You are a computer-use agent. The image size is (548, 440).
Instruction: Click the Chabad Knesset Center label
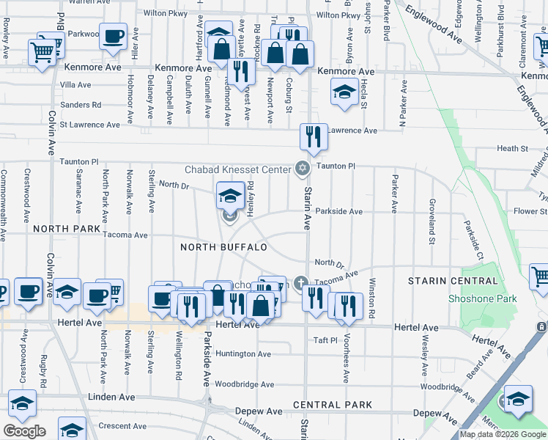coord(237,169)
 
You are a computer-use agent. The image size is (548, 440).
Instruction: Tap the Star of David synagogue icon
coord(301,169)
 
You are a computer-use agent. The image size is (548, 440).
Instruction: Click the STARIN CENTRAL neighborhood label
coord(444,281)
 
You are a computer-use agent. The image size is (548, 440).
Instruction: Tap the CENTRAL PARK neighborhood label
coord(333,405)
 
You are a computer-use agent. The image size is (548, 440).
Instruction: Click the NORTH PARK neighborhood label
coord(67,229)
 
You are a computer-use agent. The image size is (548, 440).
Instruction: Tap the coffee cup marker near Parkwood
coord(113,37)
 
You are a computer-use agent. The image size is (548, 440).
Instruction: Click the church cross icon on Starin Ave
coord(300,282)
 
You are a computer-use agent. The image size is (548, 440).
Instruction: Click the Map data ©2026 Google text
coord(503,434)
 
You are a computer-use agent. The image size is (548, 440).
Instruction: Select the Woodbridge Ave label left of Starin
coord(244,384)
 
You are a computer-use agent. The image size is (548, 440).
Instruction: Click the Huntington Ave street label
coord(243,353)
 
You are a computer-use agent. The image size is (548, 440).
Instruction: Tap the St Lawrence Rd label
coord(90,125)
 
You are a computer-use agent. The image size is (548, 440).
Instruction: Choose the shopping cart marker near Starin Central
coord(540,277)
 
